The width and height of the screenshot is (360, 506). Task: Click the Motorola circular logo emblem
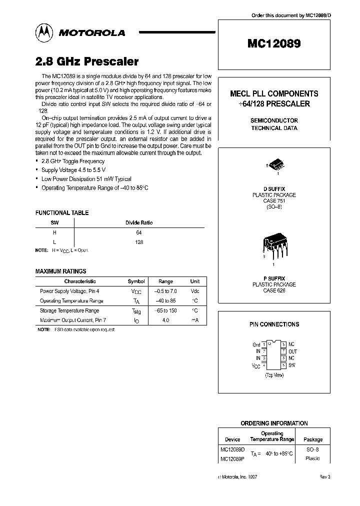tap(45, 32)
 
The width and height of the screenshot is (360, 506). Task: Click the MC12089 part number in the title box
tap(273, 43)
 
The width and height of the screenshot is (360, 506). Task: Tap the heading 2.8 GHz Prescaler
tap(87, 61)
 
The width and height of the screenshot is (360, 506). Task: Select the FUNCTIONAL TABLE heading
tap(62, 213)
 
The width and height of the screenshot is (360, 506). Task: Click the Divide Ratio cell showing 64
tap(139, 232)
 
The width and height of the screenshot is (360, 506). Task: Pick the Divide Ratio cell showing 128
tap(139, 241)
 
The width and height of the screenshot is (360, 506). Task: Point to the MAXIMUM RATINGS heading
tap(60, 271)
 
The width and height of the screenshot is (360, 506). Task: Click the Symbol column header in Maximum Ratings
tap(136, 281)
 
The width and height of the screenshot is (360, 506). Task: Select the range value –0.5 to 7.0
tap(165, 291)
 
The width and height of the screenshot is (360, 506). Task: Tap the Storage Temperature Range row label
tap(69, 310)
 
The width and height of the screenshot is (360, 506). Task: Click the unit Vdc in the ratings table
tap(195, 291)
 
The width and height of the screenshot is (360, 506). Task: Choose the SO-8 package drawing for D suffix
tap(274, 167)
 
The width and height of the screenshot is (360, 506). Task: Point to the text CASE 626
tap(274, 290)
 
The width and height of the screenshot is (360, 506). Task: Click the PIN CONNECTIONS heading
tap(274, 324)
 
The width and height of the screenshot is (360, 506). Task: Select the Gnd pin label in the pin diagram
tap(256, 344)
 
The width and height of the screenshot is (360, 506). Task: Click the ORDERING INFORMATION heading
tap(274, 423)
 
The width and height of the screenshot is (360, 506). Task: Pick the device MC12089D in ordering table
tap(232, 449)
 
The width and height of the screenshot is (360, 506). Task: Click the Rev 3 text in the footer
tap(324, 477)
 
